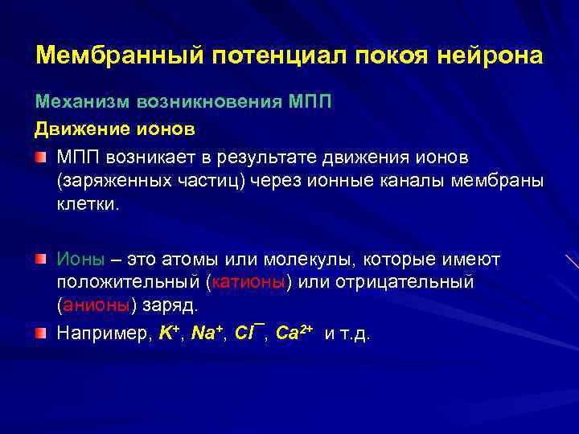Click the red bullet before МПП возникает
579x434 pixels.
point(41,154)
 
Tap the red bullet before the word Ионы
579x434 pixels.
point(41,259)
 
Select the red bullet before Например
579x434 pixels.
point(41,334)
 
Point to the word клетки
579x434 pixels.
point(87,204)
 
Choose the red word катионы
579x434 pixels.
point(250,284)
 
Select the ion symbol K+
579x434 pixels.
point(169,334)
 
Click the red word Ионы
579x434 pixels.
point(80,259)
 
